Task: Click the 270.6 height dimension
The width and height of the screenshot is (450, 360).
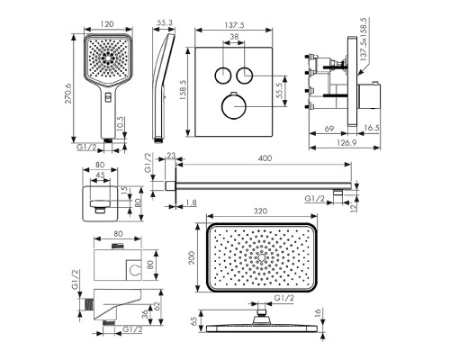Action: (x=68, y=94)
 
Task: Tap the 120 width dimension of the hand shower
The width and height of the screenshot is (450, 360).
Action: (x=108, y=23)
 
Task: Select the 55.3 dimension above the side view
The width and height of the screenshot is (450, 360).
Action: (x=165, y=22)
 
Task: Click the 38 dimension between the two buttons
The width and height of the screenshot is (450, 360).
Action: (x=234, y=37)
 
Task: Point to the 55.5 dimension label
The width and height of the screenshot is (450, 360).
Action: (x=280, y=91)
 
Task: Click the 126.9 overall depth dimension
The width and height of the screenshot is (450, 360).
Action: (x=346, y=142)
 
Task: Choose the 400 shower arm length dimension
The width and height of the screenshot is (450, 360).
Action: (x=265, y=158)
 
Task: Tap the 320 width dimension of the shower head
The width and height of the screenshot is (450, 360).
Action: (x=260, y=211)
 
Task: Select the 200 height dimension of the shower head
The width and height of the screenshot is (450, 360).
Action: (x=192, y=257)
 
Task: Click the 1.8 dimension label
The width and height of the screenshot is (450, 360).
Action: (x=191, y=203)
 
